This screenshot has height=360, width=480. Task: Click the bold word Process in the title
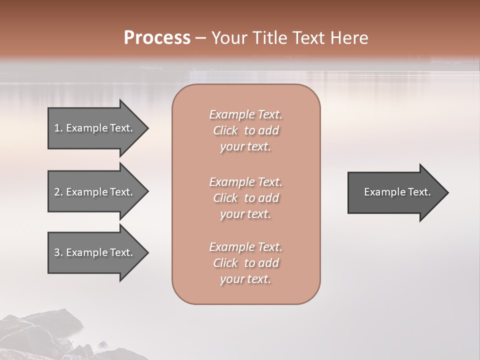coord(157,38)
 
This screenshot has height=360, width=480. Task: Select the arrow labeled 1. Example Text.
coord(95,128)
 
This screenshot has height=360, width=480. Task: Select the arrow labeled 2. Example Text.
coord(95,192)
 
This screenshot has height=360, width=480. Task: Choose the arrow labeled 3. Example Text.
coord(95,252)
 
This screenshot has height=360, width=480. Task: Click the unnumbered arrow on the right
coord(395,192)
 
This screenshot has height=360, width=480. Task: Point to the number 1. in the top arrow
coord(58,128)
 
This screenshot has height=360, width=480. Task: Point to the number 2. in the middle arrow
coord(58,192)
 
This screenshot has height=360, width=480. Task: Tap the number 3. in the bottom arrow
coord(58,252)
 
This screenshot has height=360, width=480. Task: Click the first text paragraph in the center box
coord(245,130)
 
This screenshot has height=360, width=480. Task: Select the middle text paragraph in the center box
coord(245,197)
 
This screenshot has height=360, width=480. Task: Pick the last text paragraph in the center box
coord(245,263)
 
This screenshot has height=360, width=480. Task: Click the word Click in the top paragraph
coord(225,130)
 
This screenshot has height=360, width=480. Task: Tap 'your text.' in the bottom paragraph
coord(245,279)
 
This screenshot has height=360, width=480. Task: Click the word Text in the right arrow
coord(419,192)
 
